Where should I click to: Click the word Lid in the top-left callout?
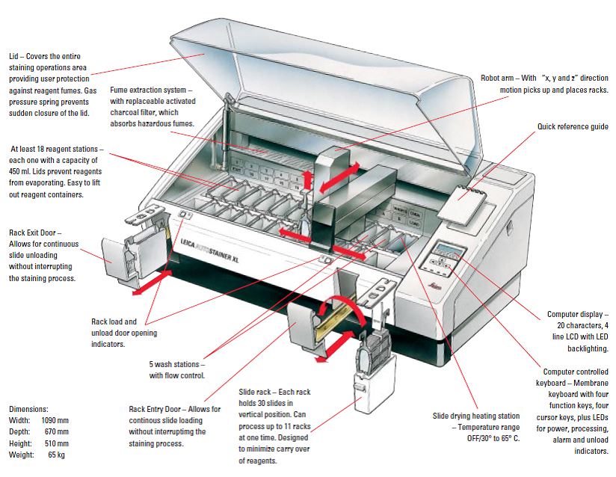(14, 55)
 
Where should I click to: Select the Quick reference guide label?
(572, 126)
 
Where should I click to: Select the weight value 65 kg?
(58, 454)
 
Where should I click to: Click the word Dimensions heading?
(29, 409)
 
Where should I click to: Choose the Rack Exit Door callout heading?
(34, 233)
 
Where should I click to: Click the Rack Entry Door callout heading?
(160, 409)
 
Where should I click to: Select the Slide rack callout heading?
(256, 392)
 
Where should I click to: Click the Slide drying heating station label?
(477, 415)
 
